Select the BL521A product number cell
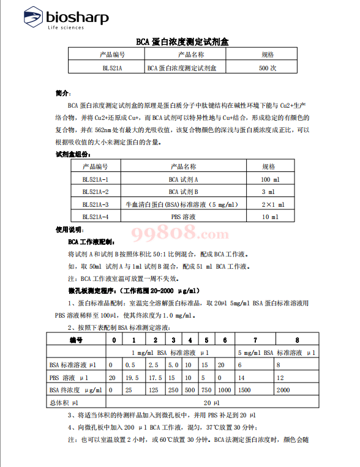coord(112,68)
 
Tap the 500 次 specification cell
coord(268,68)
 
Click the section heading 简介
coord(63,94)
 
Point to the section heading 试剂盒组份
coord(73,155)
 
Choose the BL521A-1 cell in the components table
coord(95,179)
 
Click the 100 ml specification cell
coord(269,179)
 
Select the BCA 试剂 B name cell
coord(184,192)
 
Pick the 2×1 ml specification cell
coord(269,204)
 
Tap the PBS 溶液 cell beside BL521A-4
coord(184,217)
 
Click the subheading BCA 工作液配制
coord(91,242)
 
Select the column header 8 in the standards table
coord(297,340)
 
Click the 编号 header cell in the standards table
coord(76,340)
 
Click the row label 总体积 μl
coord(64,403)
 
